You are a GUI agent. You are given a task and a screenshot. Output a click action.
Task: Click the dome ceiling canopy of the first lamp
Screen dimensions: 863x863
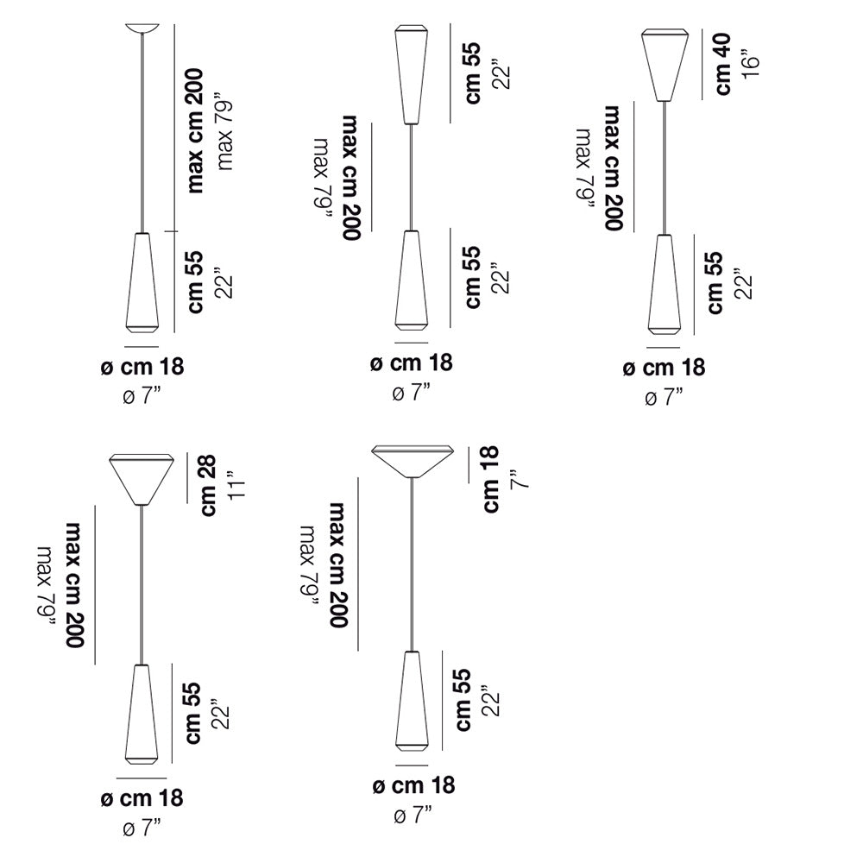point(142,28)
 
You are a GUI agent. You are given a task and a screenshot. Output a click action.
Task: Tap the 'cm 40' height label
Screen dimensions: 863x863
point(722,64)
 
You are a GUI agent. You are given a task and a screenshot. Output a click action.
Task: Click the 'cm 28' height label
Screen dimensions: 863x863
point(208,486)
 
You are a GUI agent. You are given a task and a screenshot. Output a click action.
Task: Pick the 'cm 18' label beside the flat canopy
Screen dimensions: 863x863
point(490,479)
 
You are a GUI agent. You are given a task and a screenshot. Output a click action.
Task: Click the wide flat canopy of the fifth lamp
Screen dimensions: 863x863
point(413,461)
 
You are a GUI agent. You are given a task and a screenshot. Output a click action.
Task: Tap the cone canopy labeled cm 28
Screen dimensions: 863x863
point(142,479)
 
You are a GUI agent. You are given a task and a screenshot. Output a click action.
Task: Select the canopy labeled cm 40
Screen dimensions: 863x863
point(665,65)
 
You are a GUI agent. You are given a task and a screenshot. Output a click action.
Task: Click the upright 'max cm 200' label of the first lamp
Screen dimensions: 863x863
point(195,131)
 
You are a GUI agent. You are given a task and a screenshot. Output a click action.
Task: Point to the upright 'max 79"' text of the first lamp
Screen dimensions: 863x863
point(224,135)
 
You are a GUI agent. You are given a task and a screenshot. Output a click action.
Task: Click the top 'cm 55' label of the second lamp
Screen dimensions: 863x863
point(473,72)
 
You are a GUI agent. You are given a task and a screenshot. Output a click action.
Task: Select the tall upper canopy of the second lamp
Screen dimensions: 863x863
point(412,74)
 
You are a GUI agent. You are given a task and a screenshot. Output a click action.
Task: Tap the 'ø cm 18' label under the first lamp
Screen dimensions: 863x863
point(142,367)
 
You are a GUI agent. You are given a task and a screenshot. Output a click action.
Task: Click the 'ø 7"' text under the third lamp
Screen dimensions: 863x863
point(664,397)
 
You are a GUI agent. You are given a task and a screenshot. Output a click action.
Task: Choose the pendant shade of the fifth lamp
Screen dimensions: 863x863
point(412,701)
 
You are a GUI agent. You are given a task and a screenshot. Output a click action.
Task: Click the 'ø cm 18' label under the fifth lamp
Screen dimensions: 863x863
point(414,785)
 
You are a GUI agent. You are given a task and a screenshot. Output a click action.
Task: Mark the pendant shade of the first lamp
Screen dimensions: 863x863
point(142,283)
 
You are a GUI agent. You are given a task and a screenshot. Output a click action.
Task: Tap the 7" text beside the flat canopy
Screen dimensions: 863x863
point(520,479)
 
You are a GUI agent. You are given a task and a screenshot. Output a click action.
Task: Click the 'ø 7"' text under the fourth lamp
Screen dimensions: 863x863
point(142,828)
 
